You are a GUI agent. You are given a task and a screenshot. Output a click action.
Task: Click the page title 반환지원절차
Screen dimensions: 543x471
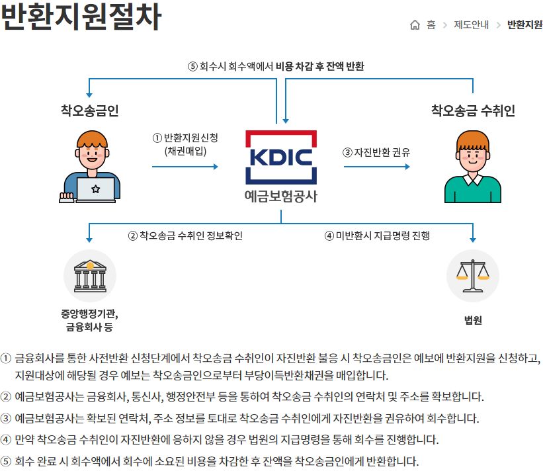81,17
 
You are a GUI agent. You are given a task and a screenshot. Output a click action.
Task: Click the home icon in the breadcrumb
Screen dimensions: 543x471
415,25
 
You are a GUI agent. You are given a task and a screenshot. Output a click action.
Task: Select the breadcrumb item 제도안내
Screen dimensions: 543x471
471,25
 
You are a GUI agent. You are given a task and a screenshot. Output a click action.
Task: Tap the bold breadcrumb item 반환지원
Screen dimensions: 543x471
524,25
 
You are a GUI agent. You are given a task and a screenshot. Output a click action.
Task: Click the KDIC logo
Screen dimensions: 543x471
281,157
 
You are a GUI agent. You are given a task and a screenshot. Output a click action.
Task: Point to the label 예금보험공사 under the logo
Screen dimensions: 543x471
281,196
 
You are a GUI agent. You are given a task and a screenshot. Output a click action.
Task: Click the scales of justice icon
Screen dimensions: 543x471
473,276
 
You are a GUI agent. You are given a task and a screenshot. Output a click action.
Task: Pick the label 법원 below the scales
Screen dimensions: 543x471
473,320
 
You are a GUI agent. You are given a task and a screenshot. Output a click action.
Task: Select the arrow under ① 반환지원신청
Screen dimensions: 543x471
185,167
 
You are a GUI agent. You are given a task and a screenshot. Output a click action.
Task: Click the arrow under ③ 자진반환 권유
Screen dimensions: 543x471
376,167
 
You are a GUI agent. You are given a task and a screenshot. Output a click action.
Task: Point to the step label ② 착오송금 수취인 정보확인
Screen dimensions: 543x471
185,235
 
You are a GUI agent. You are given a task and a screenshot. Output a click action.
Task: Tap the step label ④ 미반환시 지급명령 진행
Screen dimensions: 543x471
377,235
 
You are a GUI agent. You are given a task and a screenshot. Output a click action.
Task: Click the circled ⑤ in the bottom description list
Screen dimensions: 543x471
6,461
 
